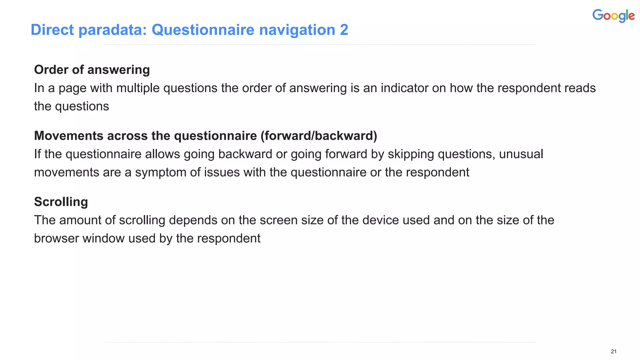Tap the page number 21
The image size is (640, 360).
pos(613,352)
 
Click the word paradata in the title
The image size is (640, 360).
pos(112,30)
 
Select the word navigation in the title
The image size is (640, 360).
pos(297,30)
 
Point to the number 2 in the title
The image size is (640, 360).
pos(344,30)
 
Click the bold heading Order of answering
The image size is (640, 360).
pos(92,70)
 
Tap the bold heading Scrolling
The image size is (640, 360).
pos(61,202)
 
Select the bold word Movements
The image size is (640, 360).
pos(69,136)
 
